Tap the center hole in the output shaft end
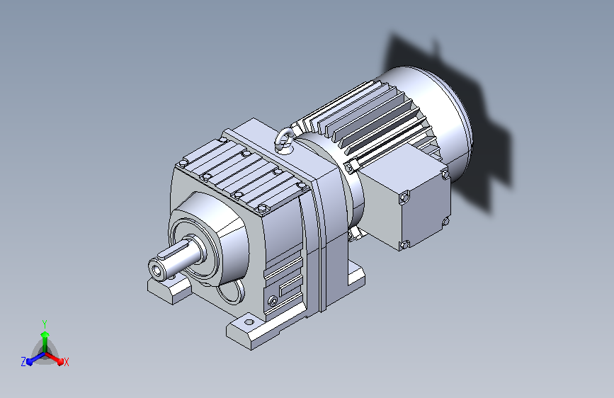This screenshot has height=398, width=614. [157, 270]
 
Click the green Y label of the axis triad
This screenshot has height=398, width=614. [45, 324]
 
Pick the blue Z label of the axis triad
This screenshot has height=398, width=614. [23, 362]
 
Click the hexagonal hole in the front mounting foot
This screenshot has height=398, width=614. [249, 322]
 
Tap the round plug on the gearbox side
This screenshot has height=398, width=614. [273, 301]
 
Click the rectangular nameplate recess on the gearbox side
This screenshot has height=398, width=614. [290, 286]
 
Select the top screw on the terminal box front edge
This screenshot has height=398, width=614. [404, 198]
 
